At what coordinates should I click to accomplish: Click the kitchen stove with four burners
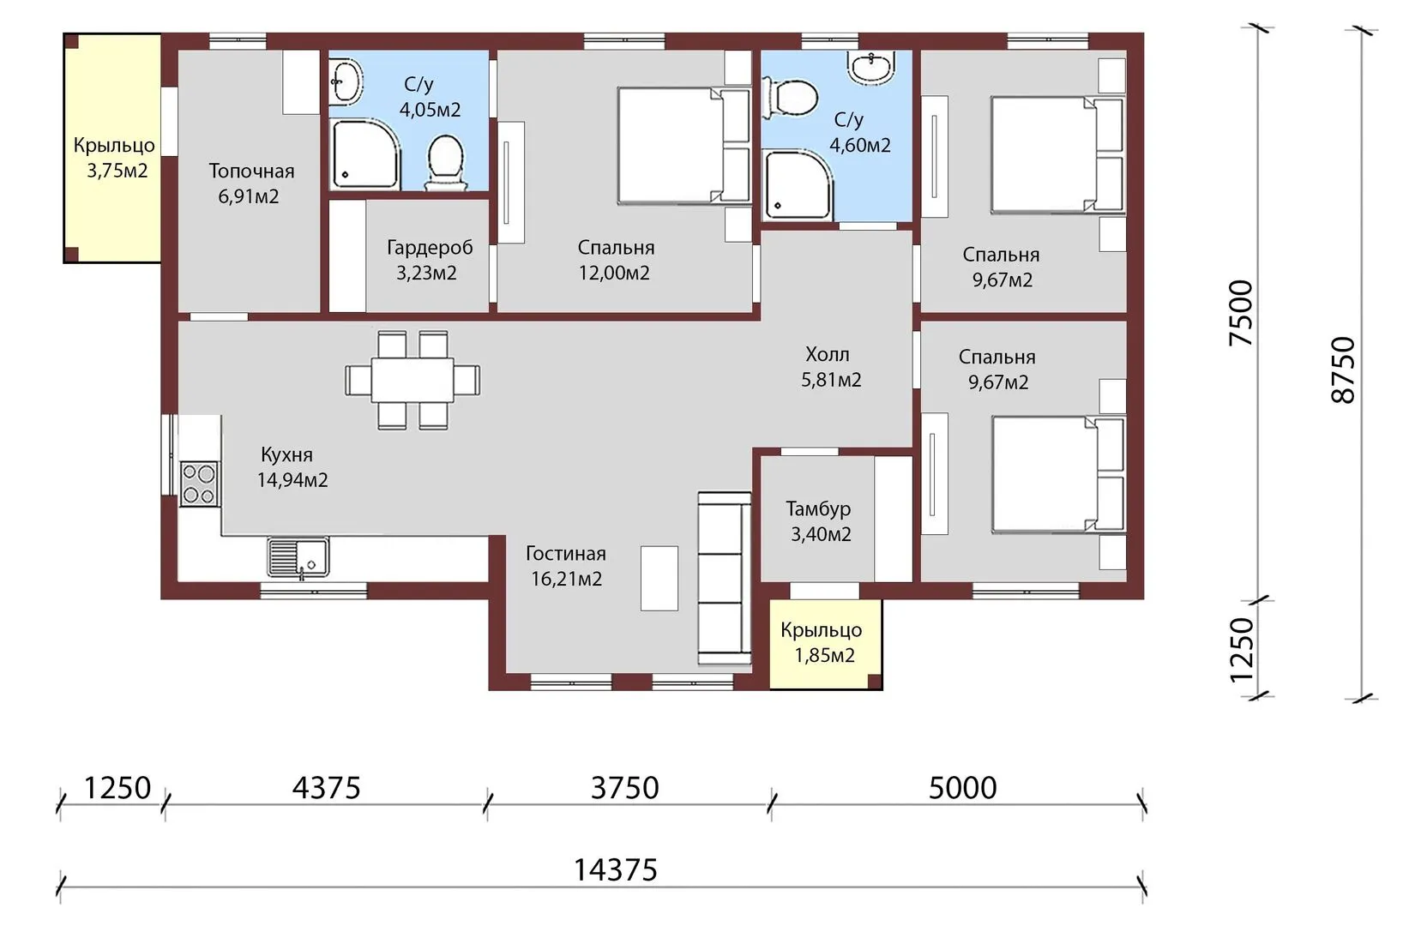click(x=200, y=484)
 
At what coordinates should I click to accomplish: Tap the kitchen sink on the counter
click(x=298, y=557)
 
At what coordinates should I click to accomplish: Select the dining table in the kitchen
click(x=412, y=380)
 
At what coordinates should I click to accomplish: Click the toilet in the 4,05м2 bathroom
click(x=445, y=162)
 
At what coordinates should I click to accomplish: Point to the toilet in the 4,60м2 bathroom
click(x=790, y=99)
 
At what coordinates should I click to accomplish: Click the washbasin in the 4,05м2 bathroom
click(x=346, y=81)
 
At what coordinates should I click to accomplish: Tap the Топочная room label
click(x=251, y=171)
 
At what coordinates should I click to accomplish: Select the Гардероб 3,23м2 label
click(x=429, y=260)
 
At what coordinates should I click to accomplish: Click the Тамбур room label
click(x=818, y=508)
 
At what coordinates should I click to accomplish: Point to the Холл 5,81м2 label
click(x=831, y=367)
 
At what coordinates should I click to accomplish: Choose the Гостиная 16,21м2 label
click(x=566, y=566)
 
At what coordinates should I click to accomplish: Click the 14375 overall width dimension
click(x=616, y=870)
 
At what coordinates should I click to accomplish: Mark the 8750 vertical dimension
click(x=1344, y=370)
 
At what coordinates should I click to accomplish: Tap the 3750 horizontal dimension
click(x=624, y=788)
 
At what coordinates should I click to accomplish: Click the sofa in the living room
click(x=725, y=578)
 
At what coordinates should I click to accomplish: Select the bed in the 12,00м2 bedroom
click(x=683, y=147)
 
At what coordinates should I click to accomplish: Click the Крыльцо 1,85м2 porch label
click(x=822, y=642)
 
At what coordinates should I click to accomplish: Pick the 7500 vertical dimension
click(x=1240, y=313)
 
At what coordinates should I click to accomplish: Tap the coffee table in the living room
click(x=659, y=578)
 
